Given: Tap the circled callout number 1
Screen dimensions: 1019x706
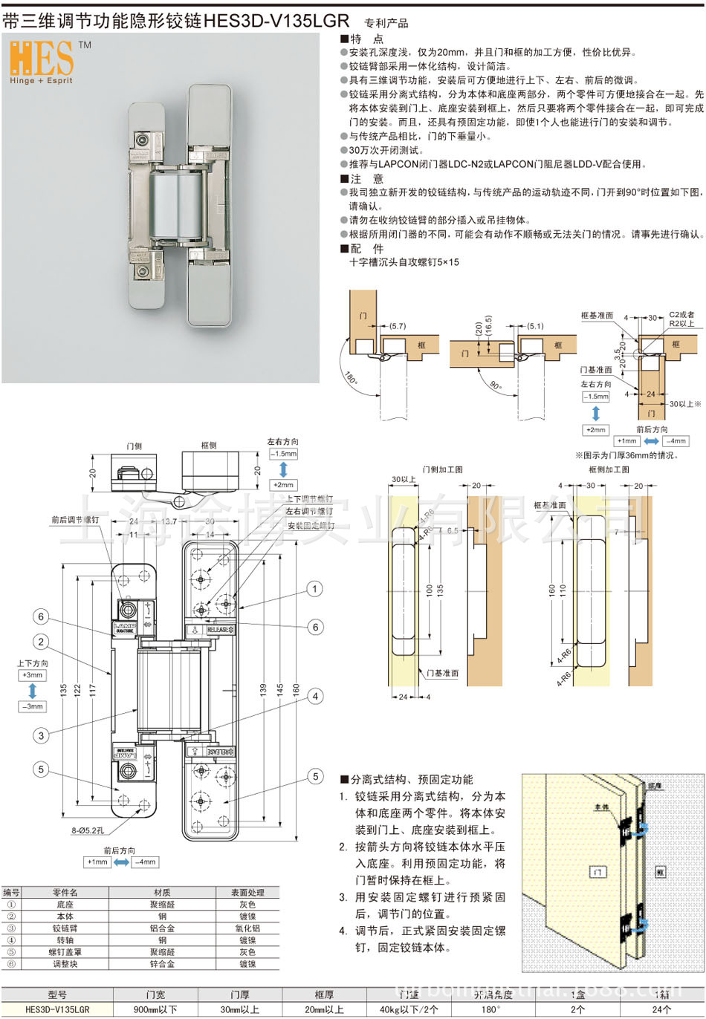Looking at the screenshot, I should coord(315,589).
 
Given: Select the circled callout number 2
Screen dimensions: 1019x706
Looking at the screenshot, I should coord(42,642).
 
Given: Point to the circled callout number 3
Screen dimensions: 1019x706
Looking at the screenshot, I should coord(42,735).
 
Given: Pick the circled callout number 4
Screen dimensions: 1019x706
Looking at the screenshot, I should coord(315,696).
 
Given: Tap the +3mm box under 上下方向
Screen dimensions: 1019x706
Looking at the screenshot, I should coord(33,675).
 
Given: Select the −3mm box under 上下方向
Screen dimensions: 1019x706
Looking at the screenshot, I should coord(33,706).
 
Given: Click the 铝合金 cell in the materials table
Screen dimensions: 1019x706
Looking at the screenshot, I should coord(162,928).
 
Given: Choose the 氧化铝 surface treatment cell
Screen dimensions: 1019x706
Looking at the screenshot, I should coord(247,928).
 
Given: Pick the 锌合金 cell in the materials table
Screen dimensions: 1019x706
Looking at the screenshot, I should coord(162,964).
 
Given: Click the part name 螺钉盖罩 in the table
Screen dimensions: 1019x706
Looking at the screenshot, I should coord(65,952).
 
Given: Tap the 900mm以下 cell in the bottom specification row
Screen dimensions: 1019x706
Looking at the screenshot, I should coord(155,1009).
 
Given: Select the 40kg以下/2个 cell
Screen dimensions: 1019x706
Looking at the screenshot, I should coord(409,1009).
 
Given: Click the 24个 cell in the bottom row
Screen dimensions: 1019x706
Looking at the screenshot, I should coord(661,1009).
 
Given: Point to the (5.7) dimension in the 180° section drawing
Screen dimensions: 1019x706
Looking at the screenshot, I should coord(398,326).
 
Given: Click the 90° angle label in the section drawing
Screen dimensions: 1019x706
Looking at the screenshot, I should coord(496,386).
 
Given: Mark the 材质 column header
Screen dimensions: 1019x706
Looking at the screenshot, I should coord(162,893).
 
